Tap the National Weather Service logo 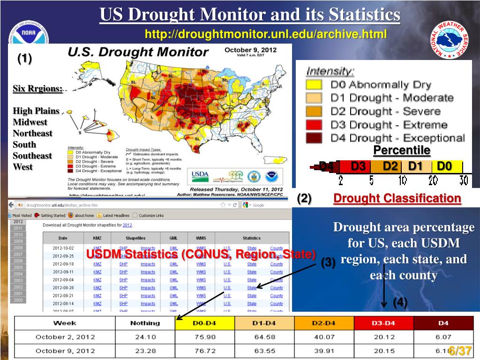[x=449, y=41]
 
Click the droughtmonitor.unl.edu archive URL [x=266, y=34]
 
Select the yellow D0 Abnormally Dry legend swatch [x=314, y=85]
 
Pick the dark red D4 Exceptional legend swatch [x=314, y=138]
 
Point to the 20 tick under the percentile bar [x=433, y=180]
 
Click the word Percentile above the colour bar [x=402, y=150]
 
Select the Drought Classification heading [x=397, y=198]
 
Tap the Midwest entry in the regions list [x=30, y=122]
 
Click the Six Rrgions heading [x=37, y=89]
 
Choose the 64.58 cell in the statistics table [x=265, y=337]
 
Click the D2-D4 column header [x=324, y=323]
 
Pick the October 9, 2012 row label [x=65, y=351]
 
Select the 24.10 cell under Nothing [x=145, y=337]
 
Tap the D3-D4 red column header [x=383, y=323]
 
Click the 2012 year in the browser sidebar [x=18, y=222]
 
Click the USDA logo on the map [x=200, y=176]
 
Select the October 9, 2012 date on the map [x=251, y=50]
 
